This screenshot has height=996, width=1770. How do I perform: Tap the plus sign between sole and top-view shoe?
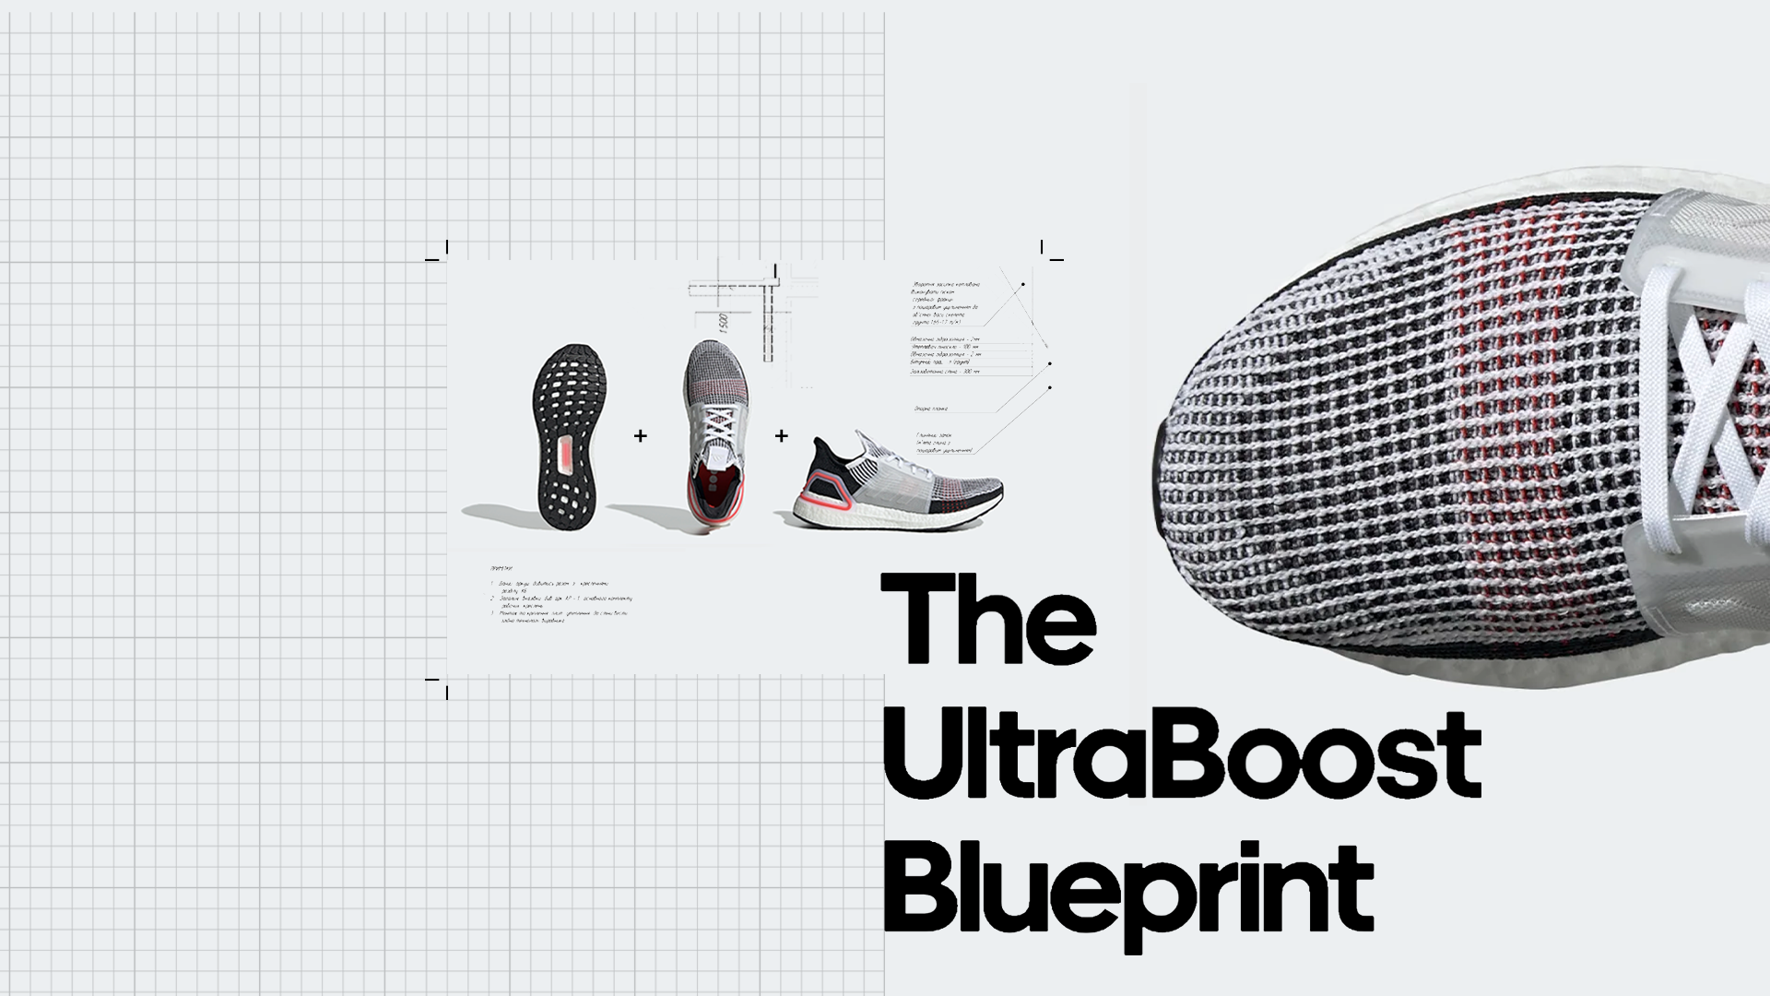(x=641, y=435)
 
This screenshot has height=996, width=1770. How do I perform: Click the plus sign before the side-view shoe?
(x=782, y=435)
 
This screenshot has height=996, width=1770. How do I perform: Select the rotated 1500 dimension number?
(x=724, y=324)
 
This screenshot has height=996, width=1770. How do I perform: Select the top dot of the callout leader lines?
(x=1022, y=284)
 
